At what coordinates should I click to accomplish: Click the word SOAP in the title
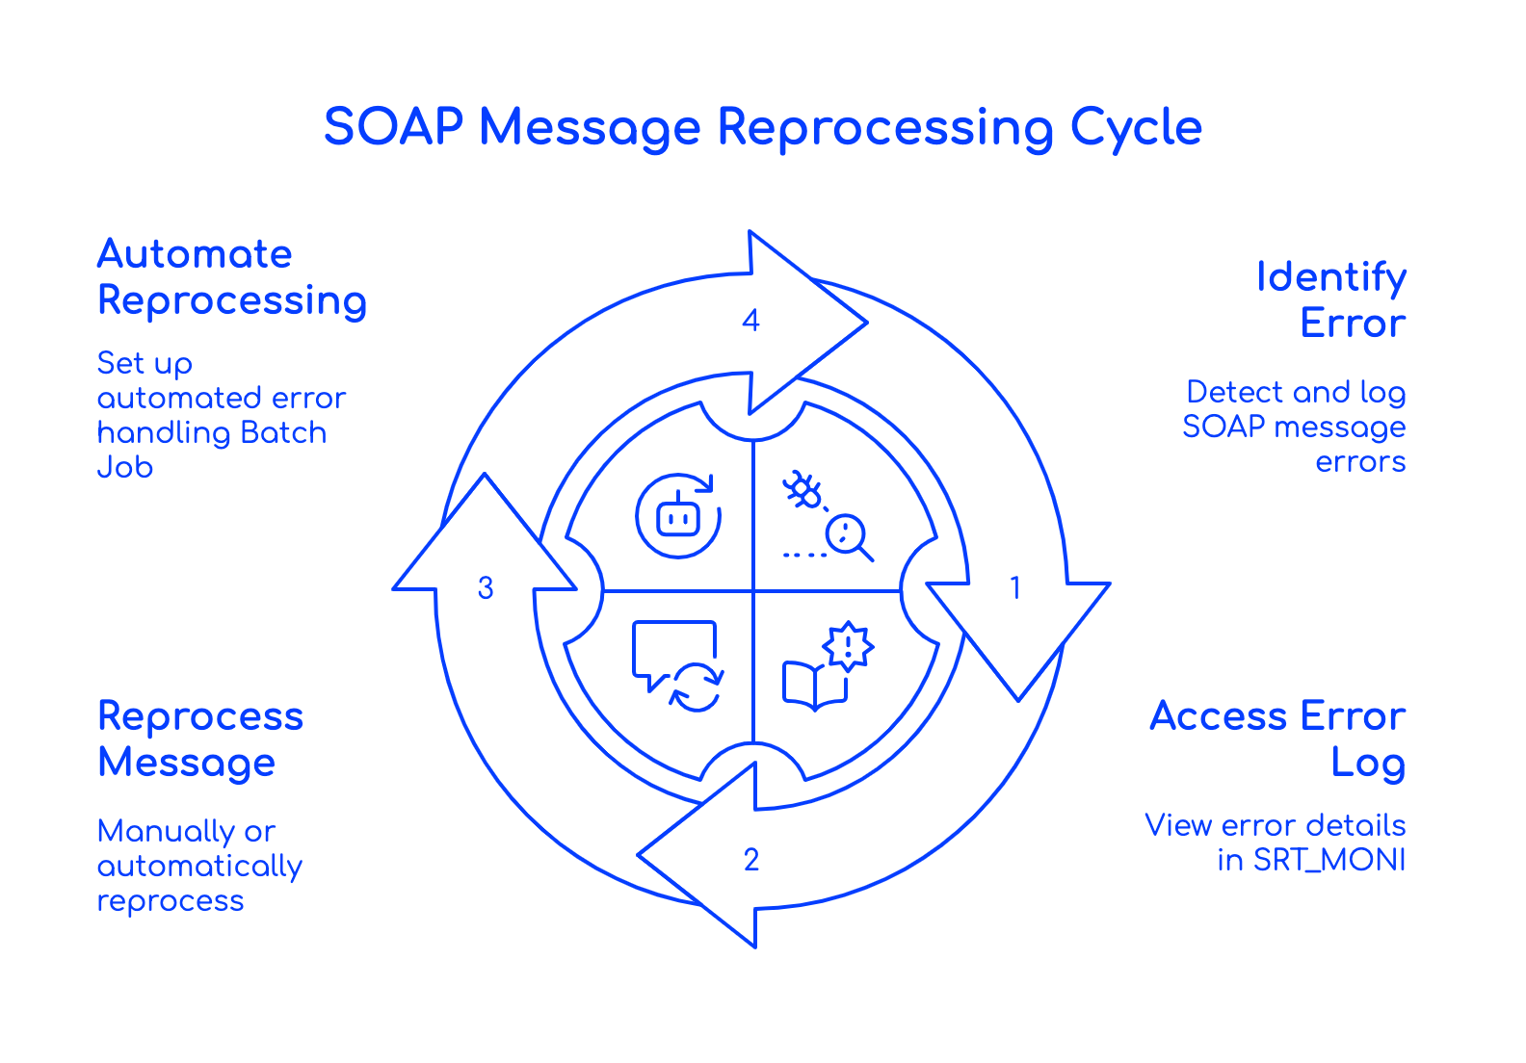pyautogui.click(x=392, y=127)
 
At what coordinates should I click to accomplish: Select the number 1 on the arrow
pyautogui.click(x=1014, y=587)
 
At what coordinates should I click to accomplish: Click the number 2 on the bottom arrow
pyautogui.click(x=751, y=859)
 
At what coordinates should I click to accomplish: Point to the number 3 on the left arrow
pyautogui.click(x=486, y=587)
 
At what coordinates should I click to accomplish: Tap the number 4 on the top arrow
pyautogui.click(x=751, y=320)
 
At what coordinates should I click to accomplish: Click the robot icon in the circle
pyautogui.click(x=677, y=516)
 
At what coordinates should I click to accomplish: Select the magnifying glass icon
pyautogui.click(x=849, y=536)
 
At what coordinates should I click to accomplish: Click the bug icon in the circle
pyautogui.click(x=802, y=491)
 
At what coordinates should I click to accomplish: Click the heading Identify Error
pyautogui.click(x=1331, y=299)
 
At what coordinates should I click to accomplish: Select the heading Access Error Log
pyautogui.click(x=1277, y=739)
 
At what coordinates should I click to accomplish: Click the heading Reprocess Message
pyautogui.click(x=200, y=739)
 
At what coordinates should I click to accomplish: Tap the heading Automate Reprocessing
pyautogui.click(x=231, y=276)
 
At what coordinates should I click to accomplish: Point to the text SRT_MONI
pyautogui.click(x=1329, y=860)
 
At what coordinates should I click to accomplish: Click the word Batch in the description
pyautogui.click(x=283, y=432)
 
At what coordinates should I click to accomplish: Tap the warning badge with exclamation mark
pyautogui.click(x=848, y=644)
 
